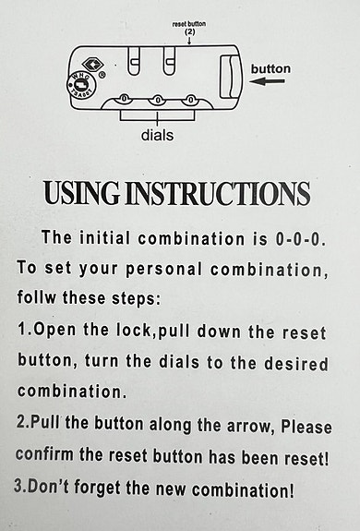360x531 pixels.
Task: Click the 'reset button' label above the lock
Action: coord(189,24)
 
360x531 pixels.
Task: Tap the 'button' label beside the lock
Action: coord(270,68)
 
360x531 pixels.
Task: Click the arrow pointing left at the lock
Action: coord(267,81)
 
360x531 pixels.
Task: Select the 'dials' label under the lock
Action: coord(157,135)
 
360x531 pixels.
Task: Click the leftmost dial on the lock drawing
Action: coord(125,99)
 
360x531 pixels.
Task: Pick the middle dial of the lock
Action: coord(157,100)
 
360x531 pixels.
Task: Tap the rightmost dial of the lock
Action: coord(191,100)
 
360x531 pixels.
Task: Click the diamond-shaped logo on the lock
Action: coord(92,64)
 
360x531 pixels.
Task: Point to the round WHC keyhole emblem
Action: coord(81,85)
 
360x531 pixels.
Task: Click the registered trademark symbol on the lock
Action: coord(102,75)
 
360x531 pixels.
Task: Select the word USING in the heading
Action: coord(81,193)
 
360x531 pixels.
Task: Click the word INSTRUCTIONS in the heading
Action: coord(218,193)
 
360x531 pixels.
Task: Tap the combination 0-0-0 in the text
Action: coord(298,239)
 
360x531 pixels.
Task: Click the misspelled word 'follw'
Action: coord(37,297)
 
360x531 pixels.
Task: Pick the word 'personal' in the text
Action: coord(163,270)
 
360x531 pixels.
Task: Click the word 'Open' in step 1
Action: coord(54,330)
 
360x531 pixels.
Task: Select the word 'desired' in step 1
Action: coord(295,363)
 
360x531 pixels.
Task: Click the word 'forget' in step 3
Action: coord(97,488)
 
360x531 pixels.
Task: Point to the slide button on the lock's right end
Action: coord(231,77)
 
